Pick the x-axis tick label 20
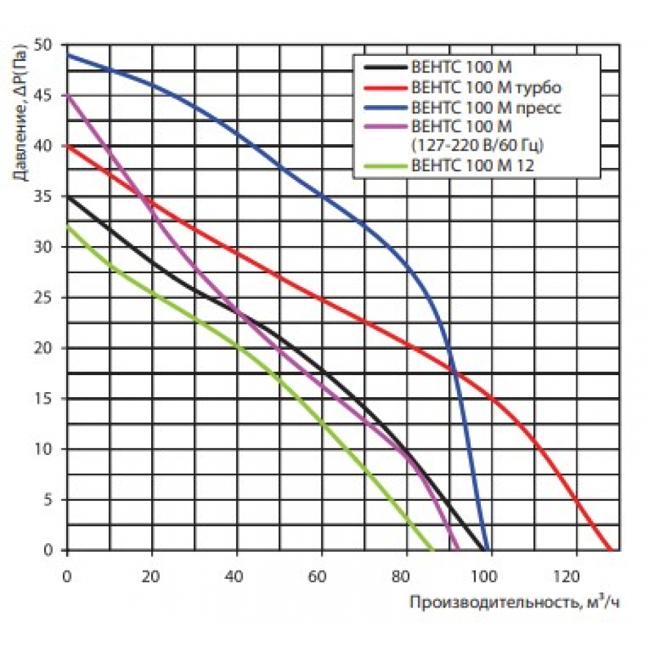pos(151,576)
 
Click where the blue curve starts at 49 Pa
pos(67,55)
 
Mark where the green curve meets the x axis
pos(432,550)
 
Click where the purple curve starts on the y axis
pos(67,95)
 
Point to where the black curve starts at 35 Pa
pos(67,197)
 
